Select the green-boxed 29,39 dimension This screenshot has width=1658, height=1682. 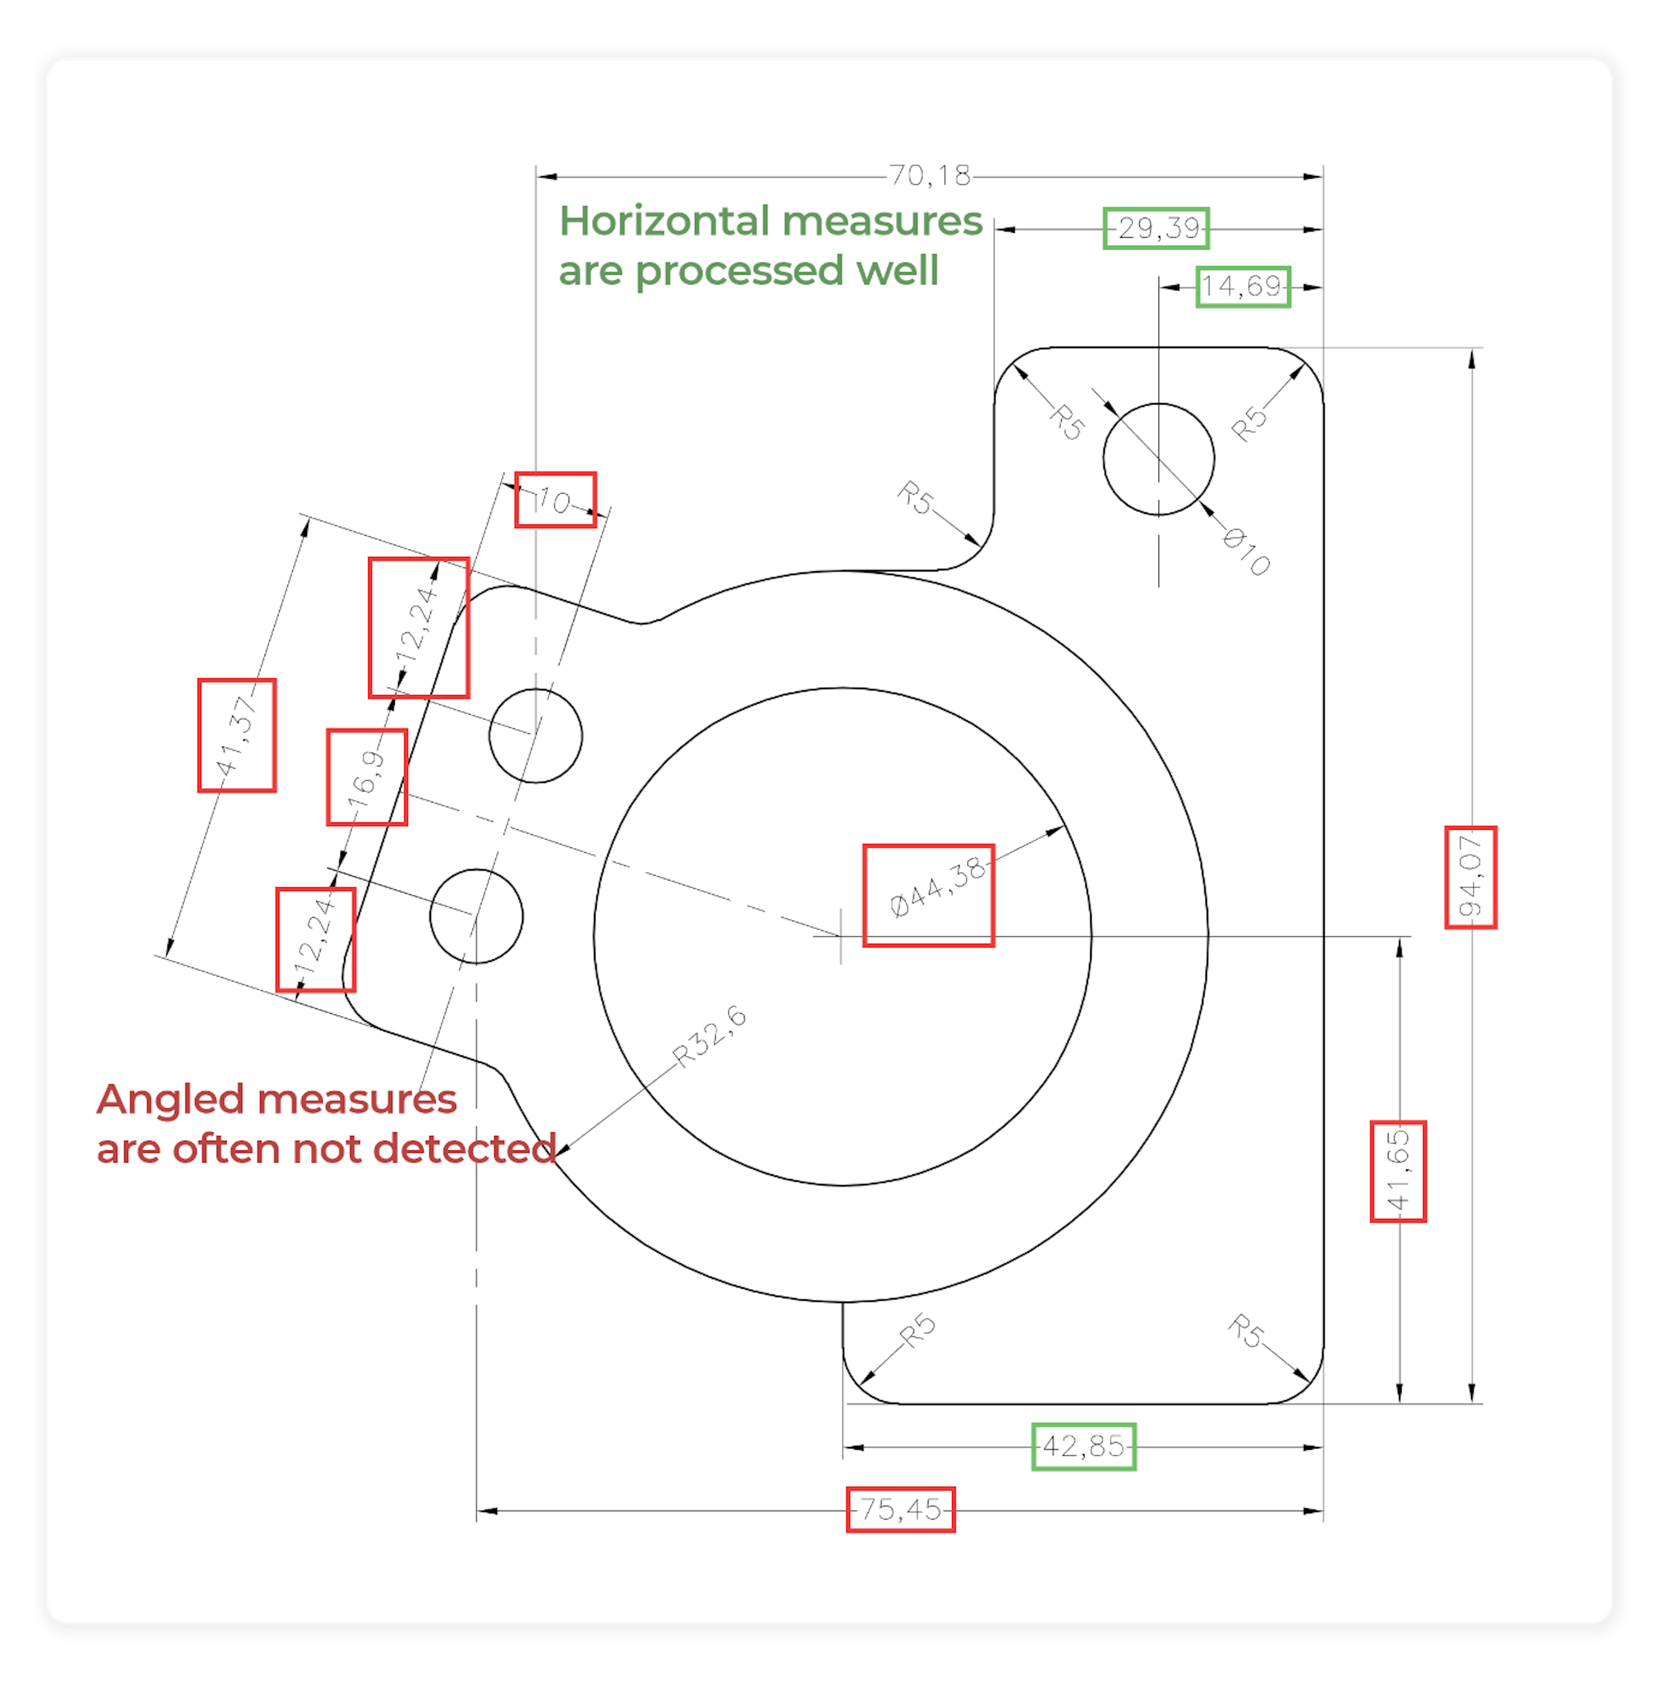(x=1156, y=229)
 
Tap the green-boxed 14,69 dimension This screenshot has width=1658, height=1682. (x=1243, y=286)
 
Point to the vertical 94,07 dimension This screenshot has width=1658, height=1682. (x=1471, y=877)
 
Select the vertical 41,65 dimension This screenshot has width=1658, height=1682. (x=1398, y=1171)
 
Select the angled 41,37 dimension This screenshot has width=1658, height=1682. (x=237, y=736)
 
